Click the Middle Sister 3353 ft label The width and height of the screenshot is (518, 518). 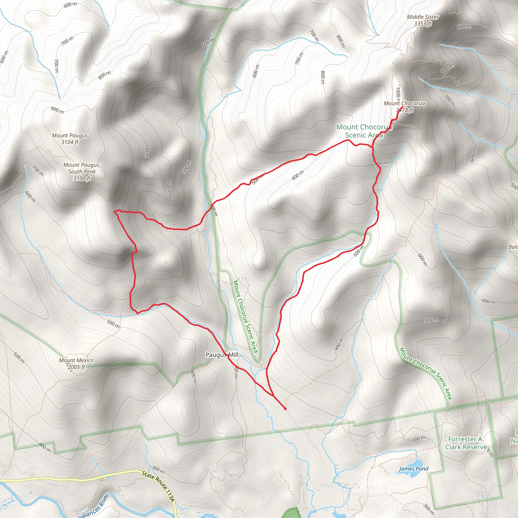[x=423, y=20]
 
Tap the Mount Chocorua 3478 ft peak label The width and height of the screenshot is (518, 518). [x=404, y=106]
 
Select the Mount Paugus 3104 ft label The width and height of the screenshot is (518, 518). [x=70, y=139]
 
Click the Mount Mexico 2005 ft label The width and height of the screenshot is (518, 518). [x=76, y=363]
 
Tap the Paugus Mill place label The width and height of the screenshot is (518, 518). [x=222, y=355]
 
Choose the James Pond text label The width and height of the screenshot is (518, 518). [x=414, y=469]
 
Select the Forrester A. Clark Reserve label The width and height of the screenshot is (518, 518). [x=466, y=443]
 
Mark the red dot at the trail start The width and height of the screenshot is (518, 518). [x=285, y=409]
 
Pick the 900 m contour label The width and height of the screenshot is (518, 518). [x=57, y=110]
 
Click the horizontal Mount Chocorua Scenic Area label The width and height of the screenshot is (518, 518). [x=364, y=131]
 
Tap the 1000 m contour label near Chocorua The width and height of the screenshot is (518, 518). [x=398, y=94]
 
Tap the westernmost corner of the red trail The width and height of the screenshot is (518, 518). [x=115, y=211]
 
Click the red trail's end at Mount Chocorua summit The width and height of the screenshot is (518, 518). [x=403, y=107]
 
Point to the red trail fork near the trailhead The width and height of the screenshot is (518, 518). [x=273, y=396]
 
